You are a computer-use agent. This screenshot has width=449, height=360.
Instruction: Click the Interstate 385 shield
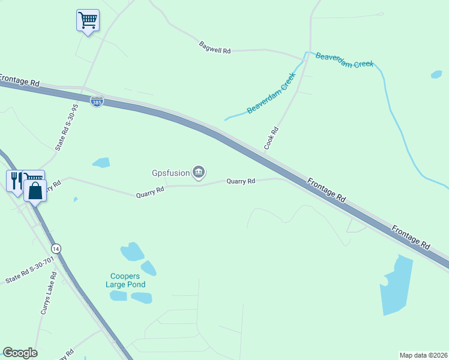(97, 102)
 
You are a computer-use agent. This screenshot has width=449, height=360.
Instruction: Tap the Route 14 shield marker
(56, 248)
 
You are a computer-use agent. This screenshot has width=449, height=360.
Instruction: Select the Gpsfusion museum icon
(199, 173)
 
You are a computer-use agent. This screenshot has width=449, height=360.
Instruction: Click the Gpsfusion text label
(170, 174)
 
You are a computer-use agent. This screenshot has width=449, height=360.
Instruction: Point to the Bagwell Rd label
(215, 47)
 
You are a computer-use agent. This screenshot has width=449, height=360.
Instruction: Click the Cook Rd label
(272, 138)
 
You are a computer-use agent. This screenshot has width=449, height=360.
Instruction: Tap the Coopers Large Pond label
(125, 281)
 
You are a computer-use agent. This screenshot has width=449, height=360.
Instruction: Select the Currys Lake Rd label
(49, 293)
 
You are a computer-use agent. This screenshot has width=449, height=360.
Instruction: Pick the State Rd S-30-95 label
(67, 128)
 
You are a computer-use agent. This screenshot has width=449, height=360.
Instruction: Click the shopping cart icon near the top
(88, 20)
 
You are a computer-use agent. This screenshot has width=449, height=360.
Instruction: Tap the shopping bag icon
(35, 190)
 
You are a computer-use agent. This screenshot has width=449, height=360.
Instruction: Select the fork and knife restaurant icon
(15, 179)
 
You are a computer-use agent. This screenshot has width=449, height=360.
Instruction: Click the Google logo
(20, 353)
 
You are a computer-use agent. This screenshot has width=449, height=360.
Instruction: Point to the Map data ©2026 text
(423, 355)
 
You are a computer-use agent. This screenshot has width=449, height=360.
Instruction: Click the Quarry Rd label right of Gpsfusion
(241, 181)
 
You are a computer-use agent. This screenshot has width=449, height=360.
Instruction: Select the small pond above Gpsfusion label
(101, 162)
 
